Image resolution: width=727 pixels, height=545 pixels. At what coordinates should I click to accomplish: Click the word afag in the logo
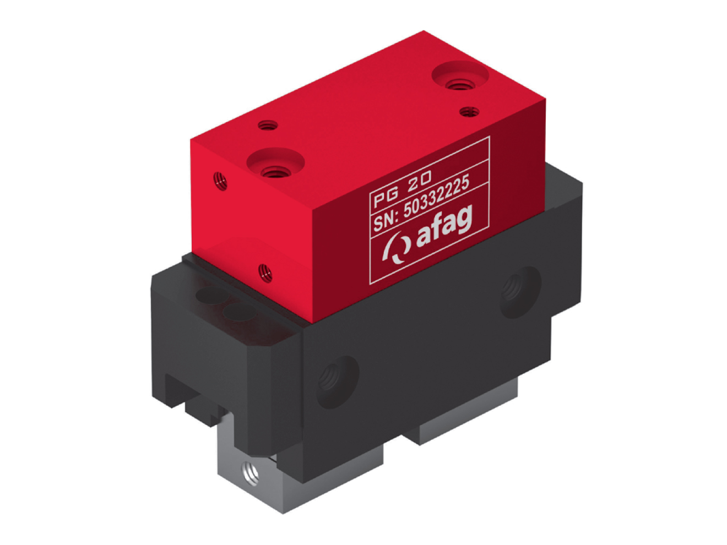444,228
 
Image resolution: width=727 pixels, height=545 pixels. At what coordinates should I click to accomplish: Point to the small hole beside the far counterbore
469,111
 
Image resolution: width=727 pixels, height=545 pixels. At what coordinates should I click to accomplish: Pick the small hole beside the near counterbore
268,125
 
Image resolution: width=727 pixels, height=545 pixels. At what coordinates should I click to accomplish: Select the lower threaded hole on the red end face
265,271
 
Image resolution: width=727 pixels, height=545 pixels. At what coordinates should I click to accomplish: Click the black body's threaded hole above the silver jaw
337,380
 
